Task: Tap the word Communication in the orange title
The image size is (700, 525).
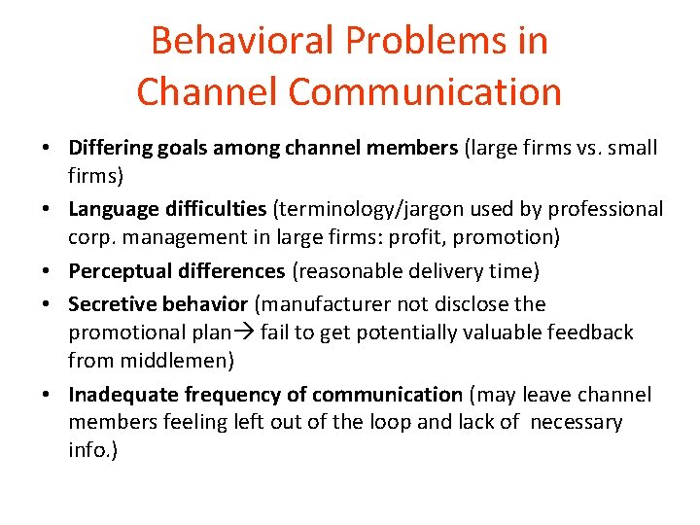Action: click(426, 91)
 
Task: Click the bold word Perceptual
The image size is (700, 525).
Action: click(114, 269)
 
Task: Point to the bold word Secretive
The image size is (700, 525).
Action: click(109, 304)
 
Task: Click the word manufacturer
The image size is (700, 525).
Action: click(330, 304)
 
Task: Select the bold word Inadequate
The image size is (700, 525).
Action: click(118, 395)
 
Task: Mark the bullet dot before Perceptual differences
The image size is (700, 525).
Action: click(49, 269)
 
